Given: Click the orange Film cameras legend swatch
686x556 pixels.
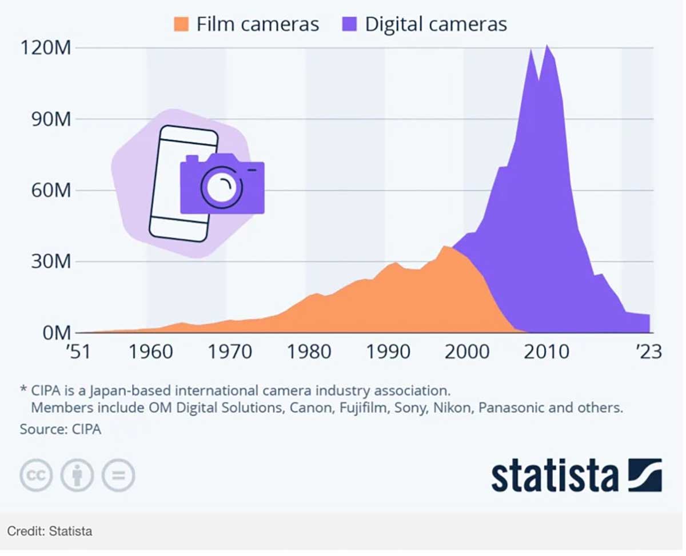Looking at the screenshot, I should [182, 25].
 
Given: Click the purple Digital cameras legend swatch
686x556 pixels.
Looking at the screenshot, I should [350, 25].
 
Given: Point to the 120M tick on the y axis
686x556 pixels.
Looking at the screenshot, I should [47, 48].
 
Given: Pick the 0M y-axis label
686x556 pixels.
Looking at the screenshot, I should [54, 332].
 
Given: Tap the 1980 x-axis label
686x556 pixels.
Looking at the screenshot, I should [309, 352].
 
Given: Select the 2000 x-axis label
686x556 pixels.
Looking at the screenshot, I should [467, 352].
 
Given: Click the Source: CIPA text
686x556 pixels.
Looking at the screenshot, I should [61, 429].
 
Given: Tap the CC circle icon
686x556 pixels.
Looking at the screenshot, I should [36, 475].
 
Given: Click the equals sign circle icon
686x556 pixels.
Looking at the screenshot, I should [118, 475].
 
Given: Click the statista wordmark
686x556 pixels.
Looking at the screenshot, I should [555, 475].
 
